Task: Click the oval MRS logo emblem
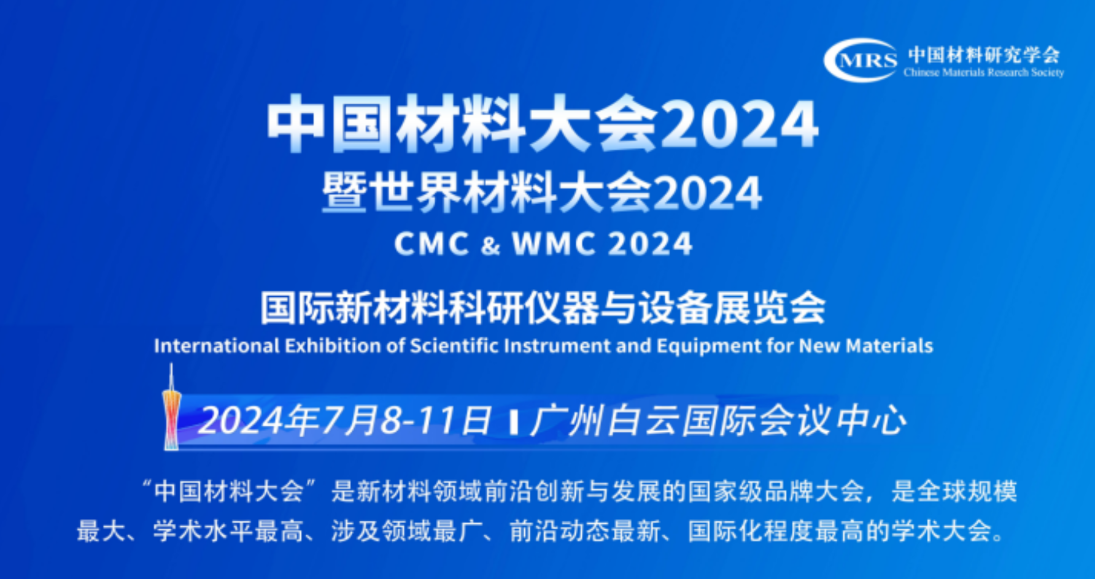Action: [x=861, y=60]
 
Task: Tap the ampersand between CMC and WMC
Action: [x=491, y=245]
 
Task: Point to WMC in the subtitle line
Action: [x=554, y=244]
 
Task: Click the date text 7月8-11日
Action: [x=406, y=421]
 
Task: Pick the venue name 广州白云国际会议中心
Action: [x=718, y=421]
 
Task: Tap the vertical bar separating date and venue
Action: [x=513, y=423]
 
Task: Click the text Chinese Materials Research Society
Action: [x=983, y=72]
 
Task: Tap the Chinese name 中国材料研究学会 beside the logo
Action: [x=984, y=55]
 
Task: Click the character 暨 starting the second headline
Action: [x=341, y=193]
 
